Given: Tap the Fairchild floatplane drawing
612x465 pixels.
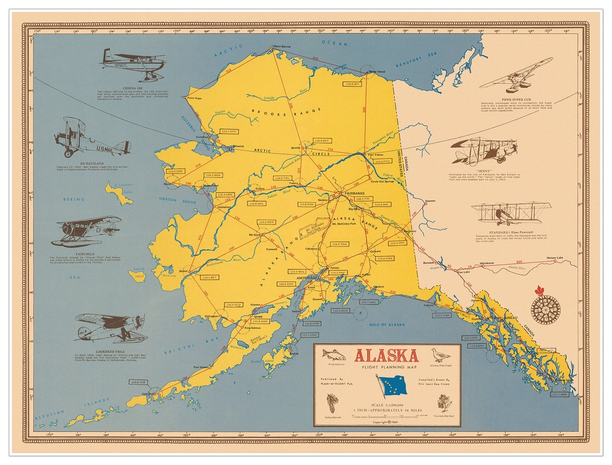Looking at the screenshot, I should (86, 230).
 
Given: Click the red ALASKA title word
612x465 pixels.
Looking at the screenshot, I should (386, 356).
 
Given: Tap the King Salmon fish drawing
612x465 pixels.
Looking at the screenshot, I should (333, 355).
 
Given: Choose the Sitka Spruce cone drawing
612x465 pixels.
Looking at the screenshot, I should (333, 404).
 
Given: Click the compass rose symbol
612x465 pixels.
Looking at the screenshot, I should (545, 310).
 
